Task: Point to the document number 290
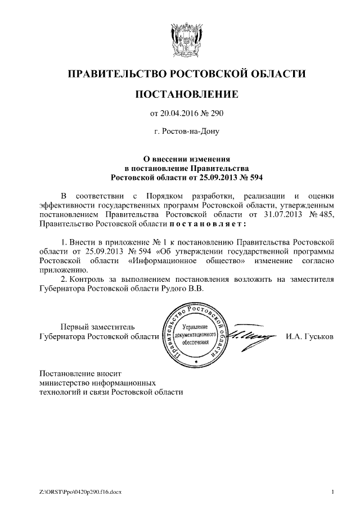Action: point(217,114)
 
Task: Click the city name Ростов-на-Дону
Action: point(190,133)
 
